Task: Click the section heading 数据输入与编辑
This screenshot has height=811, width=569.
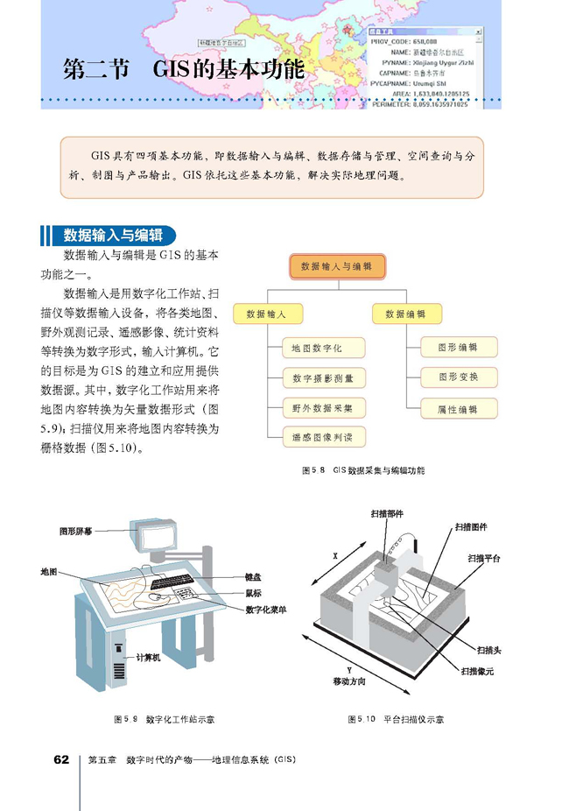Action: tap(113, 236)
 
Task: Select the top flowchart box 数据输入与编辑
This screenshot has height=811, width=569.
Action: tap(335, 265)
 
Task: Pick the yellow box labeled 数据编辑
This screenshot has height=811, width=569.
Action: tap(405, 313)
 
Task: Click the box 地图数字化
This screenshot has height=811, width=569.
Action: tap(317, 349)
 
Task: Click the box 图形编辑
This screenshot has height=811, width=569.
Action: tap(459, 348)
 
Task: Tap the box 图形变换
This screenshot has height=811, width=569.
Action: tap(459, 377)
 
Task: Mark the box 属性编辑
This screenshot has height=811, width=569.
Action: tap(459, 408)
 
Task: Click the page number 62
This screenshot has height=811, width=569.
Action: tap(60, 759)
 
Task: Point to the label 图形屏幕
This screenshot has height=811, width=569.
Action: tap(76, 531)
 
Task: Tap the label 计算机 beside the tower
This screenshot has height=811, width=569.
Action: tap(147, 657)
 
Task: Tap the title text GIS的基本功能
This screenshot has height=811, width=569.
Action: tap(227, 69)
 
